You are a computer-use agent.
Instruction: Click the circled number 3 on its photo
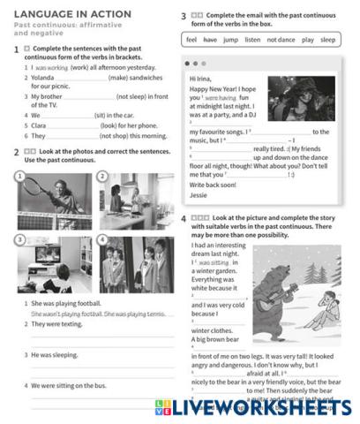pos(19,239)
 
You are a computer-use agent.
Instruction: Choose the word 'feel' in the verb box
pos(191,41)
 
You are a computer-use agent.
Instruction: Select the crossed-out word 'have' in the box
pos(210,41)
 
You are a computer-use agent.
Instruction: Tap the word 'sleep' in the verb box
pos(327,41)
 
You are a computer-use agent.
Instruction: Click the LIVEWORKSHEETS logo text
pos(265,407)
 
